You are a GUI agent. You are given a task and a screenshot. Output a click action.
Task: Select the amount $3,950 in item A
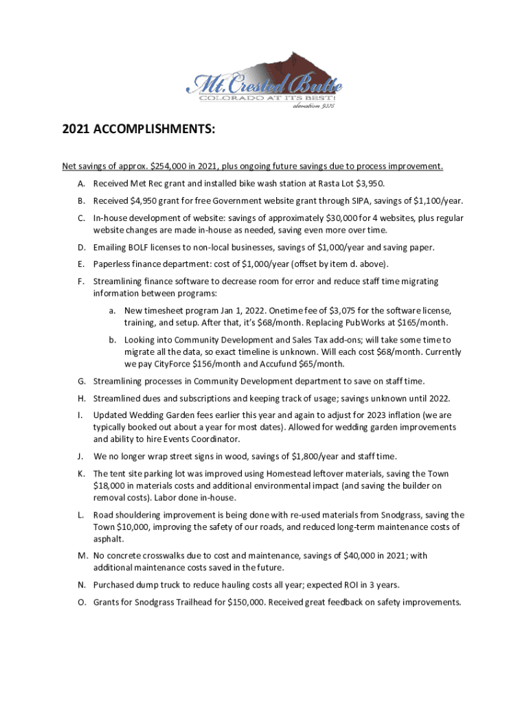pyautogui.click(x=368, y=183)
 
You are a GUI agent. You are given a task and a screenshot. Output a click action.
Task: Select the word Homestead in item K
pyautogui.click(x=295, y=474)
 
